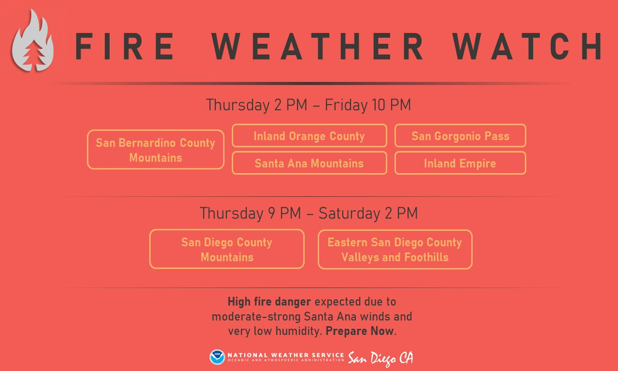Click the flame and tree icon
pos(32,41)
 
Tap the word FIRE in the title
pos(125,46)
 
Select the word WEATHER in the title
pos(317,46)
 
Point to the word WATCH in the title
pos(527,46)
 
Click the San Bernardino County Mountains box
pos(156,130)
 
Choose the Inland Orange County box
pos(310,125)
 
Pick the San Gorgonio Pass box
pos(460,125)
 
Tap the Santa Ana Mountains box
pos(310,153)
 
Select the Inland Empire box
pos(460,153)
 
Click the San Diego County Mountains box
pos(227,230)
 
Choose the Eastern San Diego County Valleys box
pos(395,230)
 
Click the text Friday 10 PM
pos(368,105)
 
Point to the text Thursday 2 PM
pos(256,105)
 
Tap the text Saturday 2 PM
pos(368,213)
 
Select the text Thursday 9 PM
pos(250,213)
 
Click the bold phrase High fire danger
pos(269,302)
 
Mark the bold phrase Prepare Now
pos(360,331)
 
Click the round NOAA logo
pos(217,357)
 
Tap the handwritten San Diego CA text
pos(381,359)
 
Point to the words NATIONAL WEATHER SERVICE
pos(286,355)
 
